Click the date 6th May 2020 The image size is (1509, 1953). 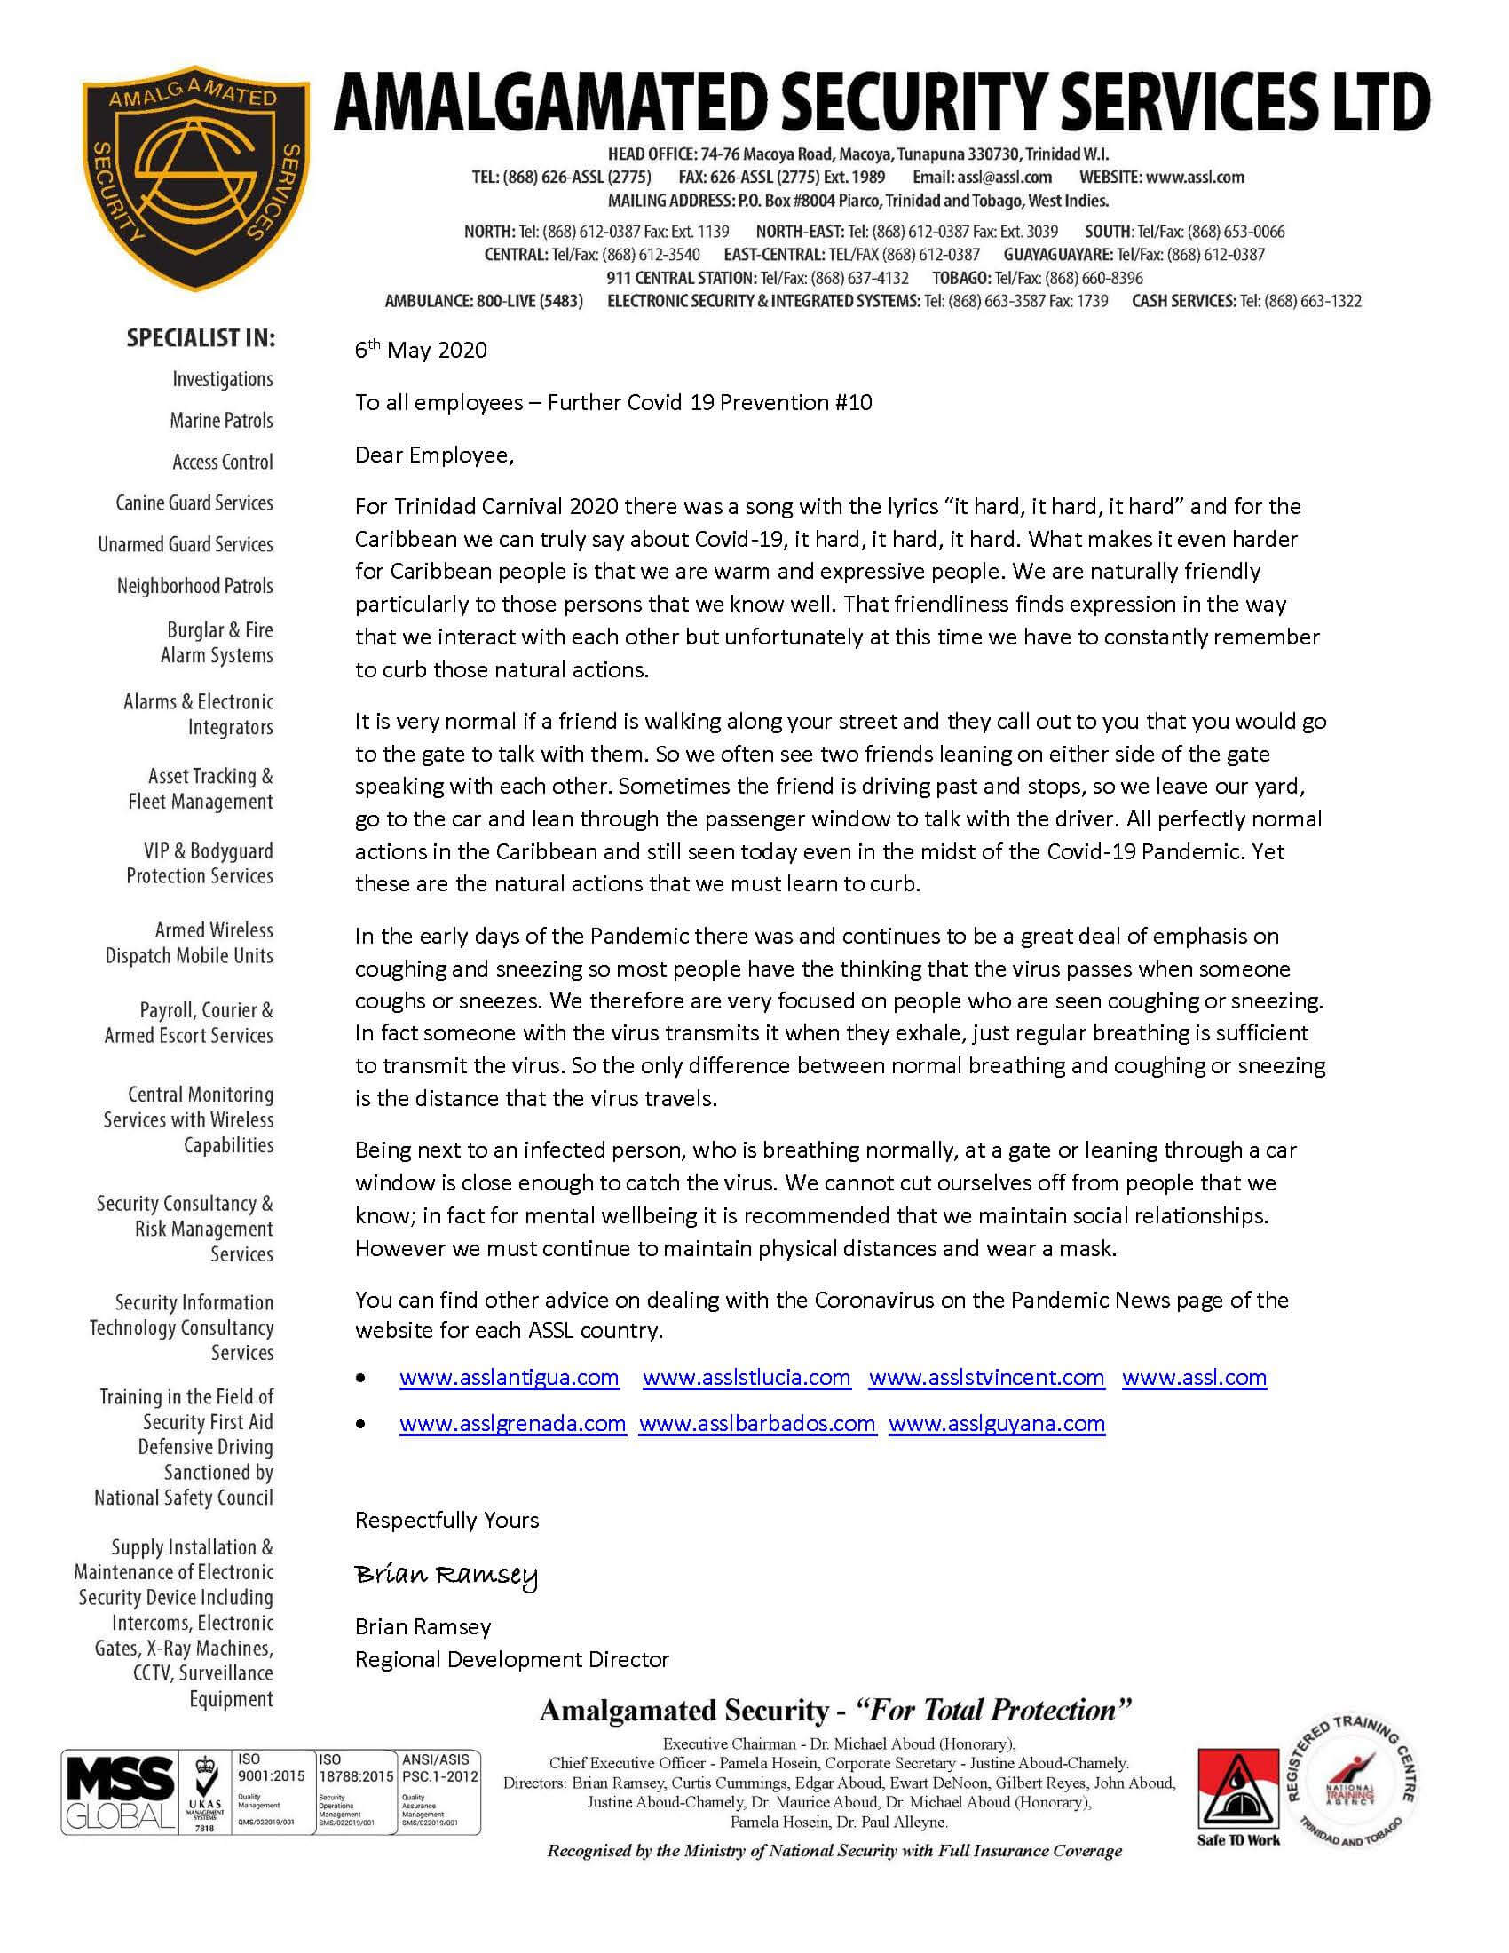[x=421, y=350]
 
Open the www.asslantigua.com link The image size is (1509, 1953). [x=509, y=1377]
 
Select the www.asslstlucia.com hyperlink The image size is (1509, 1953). [x=747, y=1377]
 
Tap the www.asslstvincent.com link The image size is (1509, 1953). [x=986, y=1377]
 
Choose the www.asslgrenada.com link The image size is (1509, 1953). [x=512, y=1423]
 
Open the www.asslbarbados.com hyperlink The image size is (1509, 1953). [x=757, y=1423]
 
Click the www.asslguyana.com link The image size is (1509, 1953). [x=997, y=1423]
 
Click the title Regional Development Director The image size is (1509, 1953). [x=512, y=1659]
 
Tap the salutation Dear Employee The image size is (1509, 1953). [x=434, y=455]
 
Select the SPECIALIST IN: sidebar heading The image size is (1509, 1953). [x=201, y=338]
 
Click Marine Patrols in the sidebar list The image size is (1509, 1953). [x=221, y=420]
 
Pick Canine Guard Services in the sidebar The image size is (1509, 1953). [x=194, y=502]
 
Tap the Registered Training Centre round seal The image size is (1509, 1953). [x=1357, y=1785]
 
